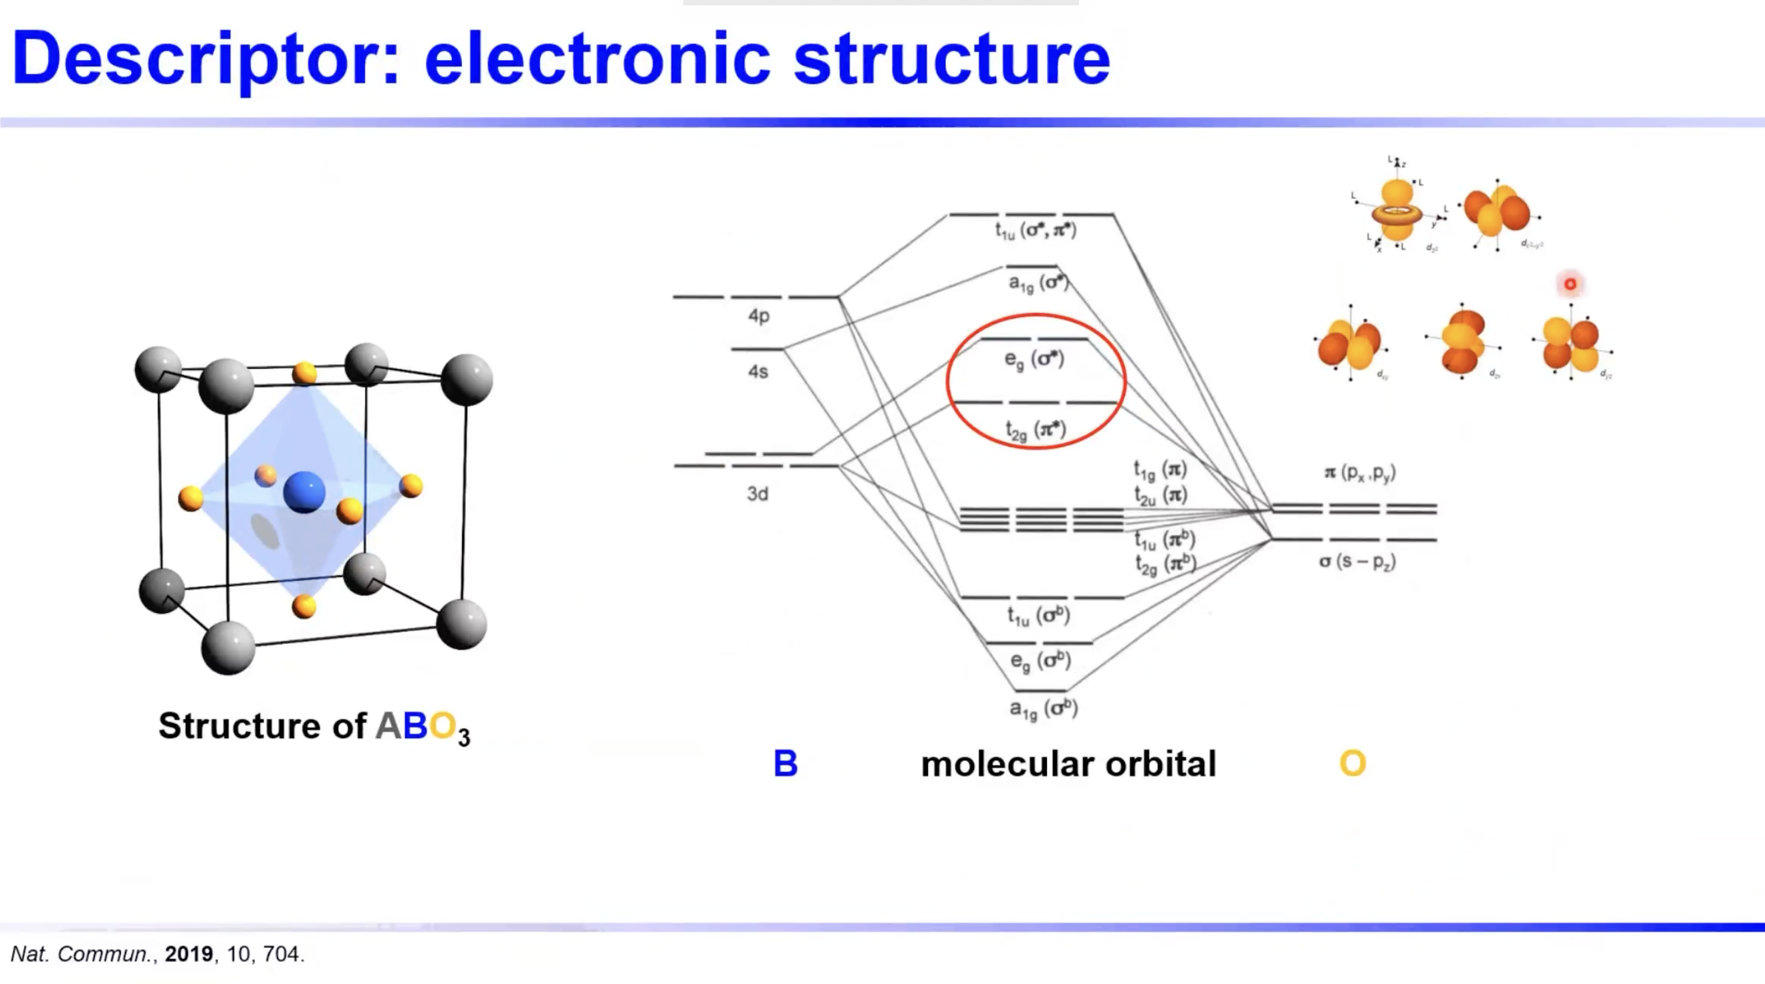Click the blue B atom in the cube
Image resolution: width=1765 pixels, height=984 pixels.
(304, 491)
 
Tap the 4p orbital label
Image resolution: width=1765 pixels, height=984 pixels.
(759, 316)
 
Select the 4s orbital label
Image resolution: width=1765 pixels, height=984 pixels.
(757, 372)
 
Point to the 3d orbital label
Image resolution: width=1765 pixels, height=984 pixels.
(757, 493)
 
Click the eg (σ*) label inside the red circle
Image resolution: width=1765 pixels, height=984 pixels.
(1034, 360)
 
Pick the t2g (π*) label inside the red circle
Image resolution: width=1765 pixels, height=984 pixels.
(1036, 430)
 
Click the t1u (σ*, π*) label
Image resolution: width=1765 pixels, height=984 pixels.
(1036, 230)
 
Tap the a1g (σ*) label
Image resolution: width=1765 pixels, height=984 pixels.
(1038, 282)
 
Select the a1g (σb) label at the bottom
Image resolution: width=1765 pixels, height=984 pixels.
(1043, 709)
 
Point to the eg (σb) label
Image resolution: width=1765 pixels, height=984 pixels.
(1040, 661)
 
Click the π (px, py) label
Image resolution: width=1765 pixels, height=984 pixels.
(1359, 473)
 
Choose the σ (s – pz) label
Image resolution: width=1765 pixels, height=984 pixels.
(1357, 562)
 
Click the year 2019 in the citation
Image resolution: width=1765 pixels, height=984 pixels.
(189, 954)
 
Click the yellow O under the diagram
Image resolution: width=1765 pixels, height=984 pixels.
(1352, 763)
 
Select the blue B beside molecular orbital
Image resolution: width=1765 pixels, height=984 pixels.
(785, 763)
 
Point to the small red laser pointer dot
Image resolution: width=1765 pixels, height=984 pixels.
(1570, 283)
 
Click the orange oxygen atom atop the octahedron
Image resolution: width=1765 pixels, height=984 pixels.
(304, 374)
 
